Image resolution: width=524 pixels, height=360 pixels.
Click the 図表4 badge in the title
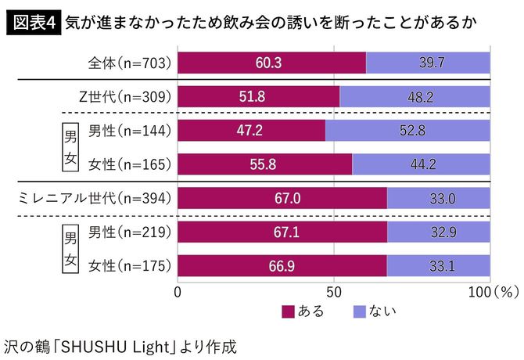click(33, 21)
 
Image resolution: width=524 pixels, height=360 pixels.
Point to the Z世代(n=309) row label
click(125, 96)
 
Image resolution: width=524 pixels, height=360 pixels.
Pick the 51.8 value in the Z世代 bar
click(258, 96)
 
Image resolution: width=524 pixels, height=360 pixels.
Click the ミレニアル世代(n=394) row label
click(95, 199)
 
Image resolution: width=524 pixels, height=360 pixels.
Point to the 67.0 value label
click(282, 199)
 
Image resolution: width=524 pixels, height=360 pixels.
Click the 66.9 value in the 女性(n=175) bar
click(282, 266)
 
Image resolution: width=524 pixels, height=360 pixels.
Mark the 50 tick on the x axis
click(334, 292)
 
